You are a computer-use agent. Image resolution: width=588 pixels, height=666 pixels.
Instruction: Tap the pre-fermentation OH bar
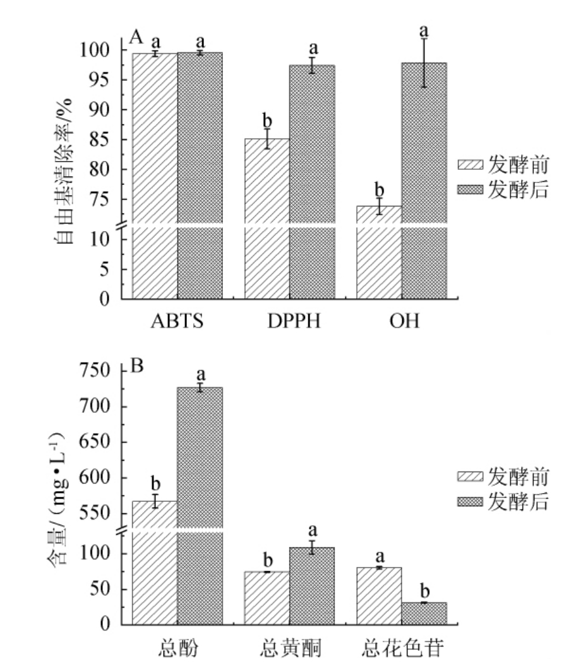pyautogui.click(x=379, y=253)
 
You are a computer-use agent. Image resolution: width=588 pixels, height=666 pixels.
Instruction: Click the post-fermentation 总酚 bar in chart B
pyautogui.click(x=200, y=505)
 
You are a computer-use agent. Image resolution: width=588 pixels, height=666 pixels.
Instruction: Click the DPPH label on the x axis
pyautogui.click(x=289, y=321)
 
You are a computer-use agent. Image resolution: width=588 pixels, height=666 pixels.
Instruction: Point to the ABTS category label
pyautogui.click(x=177, y=321)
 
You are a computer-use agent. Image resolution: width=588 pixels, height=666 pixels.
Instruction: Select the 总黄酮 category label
pyautogui.click(x=289, y=648)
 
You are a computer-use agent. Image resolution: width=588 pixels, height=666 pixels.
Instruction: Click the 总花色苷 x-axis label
pyautogui.click(x=402, y=648)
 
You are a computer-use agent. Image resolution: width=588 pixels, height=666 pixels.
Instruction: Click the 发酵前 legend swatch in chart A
pyautogui.click(x=471, y=166)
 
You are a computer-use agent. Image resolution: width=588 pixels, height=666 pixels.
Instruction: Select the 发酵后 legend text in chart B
pyautogui.click(x=517, y=502)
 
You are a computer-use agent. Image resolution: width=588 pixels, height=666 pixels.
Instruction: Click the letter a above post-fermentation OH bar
pyautogui.click(x=424, y=30)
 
